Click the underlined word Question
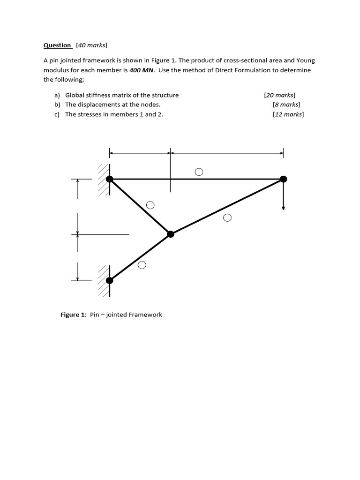[x=57, y=45]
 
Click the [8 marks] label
[x=286, y=105]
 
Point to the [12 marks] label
[x=288, y=114]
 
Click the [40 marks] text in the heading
[x=91, y=45]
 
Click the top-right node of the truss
[x=283, y=179]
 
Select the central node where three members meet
[x=170, y=233]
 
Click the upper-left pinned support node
[x=110, y=179]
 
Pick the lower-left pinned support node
[x=110, y=280]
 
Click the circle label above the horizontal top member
[x=199, y=172]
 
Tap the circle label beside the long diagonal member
[x=227, y=217]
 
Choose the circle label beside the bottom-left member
[x=142, y=265]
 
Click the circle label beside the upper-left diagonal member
[x=150, y=205]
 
